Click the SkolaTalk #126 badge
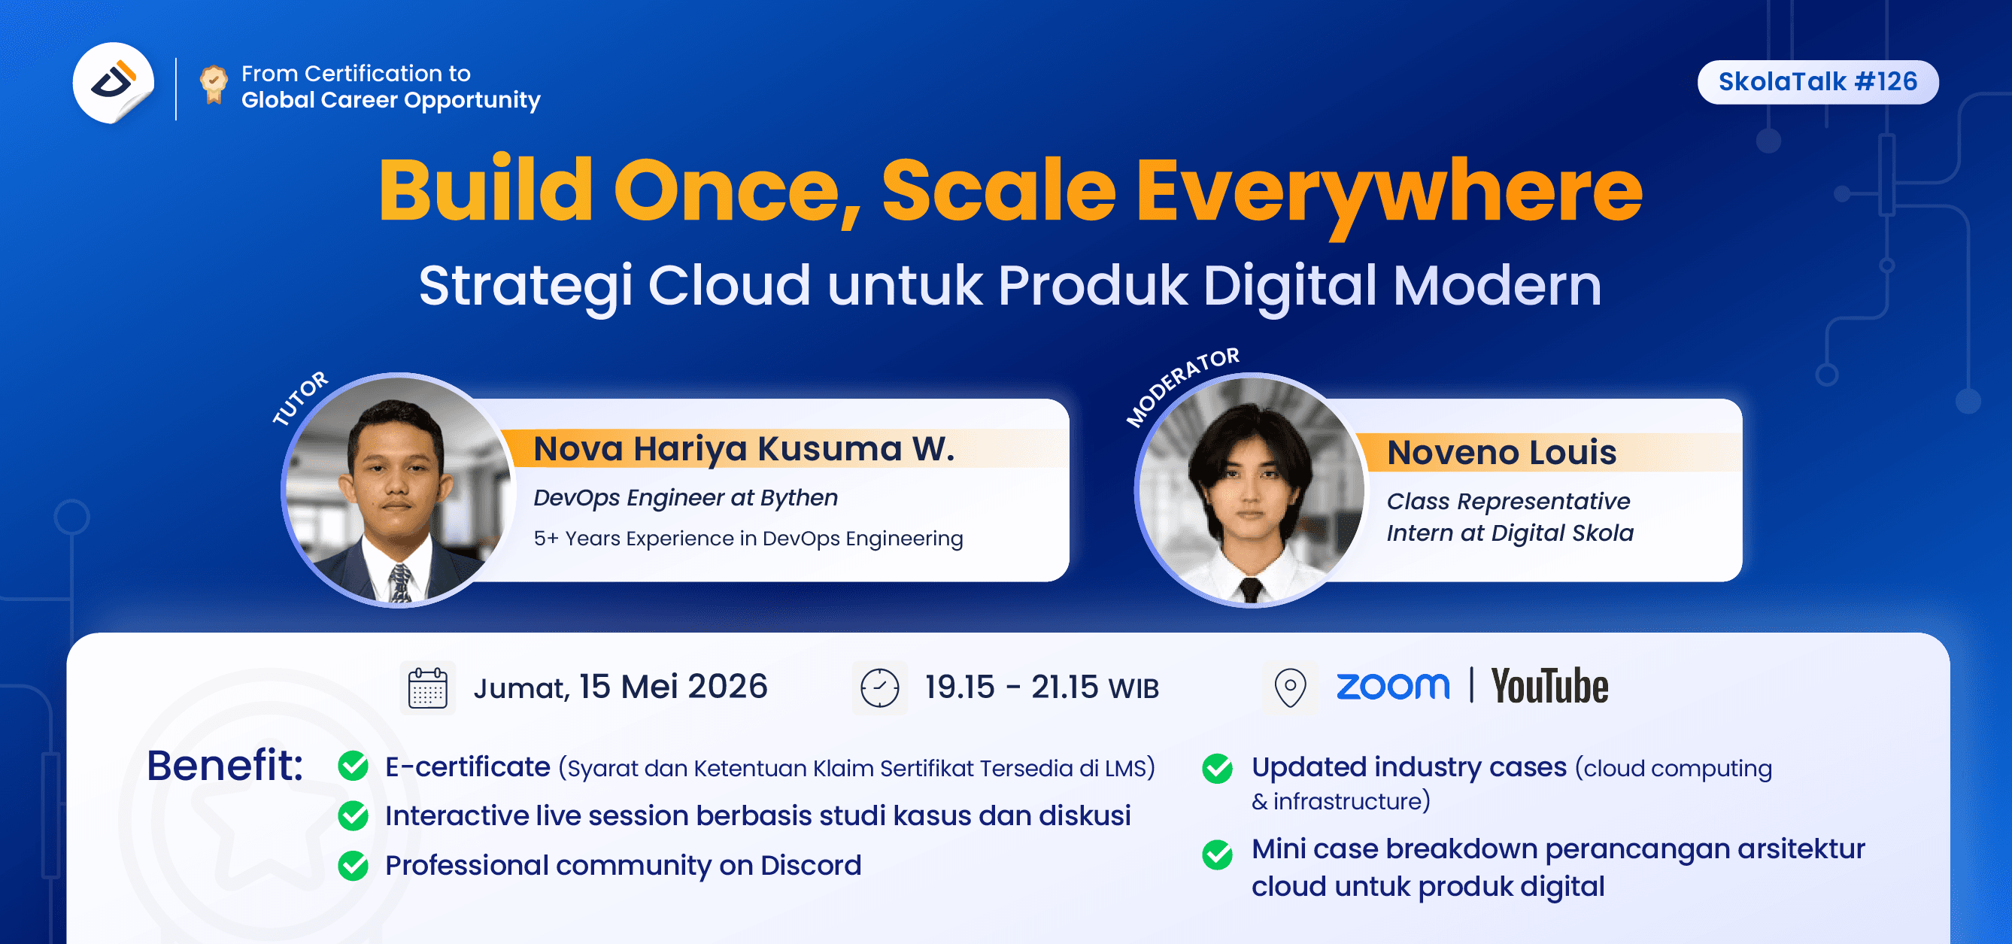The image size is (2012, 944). (1817, 82)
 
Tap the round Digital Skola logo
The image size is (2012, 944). (114, 82)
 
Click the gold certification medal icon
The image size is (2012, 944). (213, 84)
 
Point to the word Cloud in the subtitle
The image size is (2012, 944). (730, 285)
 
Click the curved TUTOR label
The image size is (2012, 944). (300, 397)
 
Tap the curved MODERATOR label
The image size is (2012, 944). (1180, 385)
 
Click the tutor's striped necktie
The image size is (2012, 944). (401, 584)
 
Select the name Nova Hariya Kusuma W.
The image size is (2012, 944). (744, 449)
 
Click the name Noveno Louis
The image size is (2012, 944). (1501, 452)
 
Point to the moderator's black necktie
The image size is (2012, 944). (1251, 590)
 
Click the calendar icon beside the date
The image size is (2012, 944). (427, 687)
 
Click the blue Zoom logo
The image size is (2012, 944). (1393, 686)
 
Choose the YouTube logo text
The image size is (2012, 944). (1549, 686)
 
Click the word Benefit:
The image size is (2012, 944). (225, 765)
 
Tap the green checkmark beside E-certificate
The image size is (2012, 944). (353, 766)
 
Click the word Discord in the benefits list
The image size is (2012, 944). (811, 865)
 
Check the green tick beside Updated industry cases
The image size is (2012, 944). (1217, 768)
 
